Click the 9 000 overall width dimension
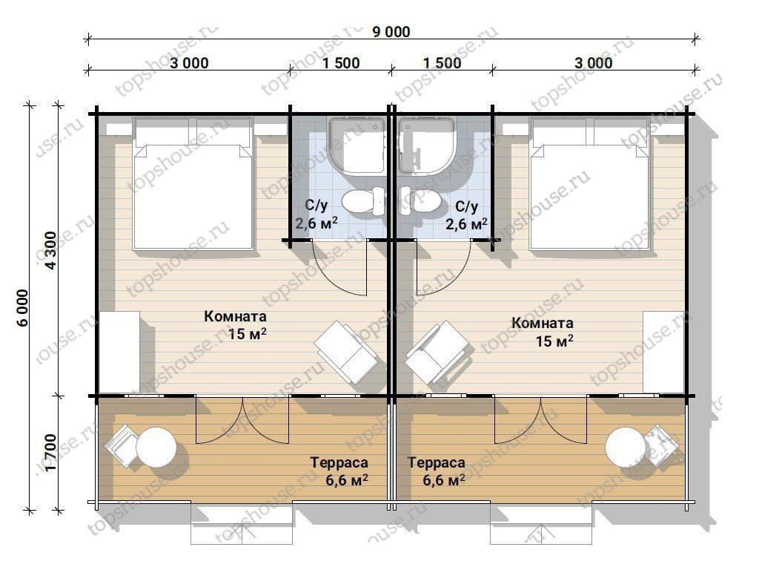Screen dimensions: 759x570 [391, 32]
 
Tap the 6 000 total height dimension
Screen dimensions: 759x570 [23, 308]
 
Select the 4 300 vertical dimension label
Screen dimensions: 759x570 [51, 249]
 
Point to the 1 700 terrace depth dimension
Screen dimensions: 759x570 [51, 452]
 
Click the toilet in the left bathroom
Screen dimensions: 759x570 [363, 201]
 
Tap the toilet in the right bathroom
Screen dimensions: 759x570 [420, 200]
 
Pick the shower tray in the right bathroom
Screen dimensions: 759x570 [426, 145]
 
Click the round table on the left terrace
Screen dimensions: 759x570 [156, 446]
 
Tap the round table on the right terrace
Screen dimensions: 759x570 [626, 447]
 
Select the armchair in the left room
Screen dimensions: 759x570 [345, 352]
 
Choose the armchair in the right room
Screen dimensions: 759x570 [437, 352]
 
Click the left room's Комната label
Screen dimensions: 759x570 [235, 316]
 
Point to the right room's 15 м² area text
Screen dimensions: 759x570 [554, 341]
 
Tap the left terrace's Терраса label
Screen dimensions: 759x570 [339, 463]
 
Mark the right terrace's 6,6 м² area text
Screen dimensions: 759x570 [444, 480]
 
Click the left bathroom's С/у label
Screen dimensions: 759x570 [316, 206]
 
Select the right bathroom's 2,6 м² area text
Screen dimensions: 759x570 [467, 224]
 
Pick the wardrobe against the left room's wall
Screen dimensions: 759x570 [119, 352]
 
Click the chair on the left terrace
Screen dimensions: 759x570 [122, 445]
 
